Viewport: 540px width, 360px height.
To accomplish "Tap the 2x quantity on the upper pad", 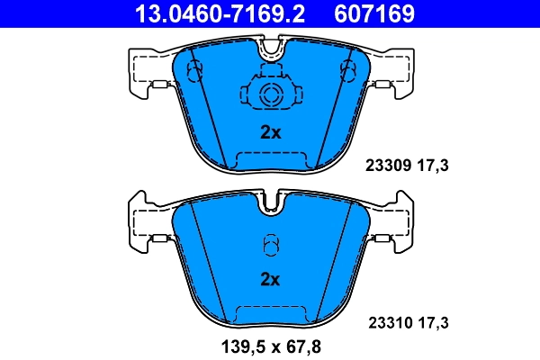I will point(270,132).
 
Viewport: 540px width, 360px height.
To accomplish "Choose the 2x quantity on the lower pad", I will point(270,279).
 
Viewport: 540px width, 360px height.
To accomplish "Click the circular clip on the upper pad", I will point(270,95).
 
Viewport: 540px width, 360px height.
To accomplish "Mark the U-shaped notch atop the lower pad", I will point(270,204).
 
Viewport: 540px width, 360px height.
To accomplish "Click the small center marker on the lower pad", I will point(270,244).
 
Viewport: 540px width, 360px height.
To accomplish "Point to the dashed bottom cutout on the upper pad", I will point(270,160).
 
